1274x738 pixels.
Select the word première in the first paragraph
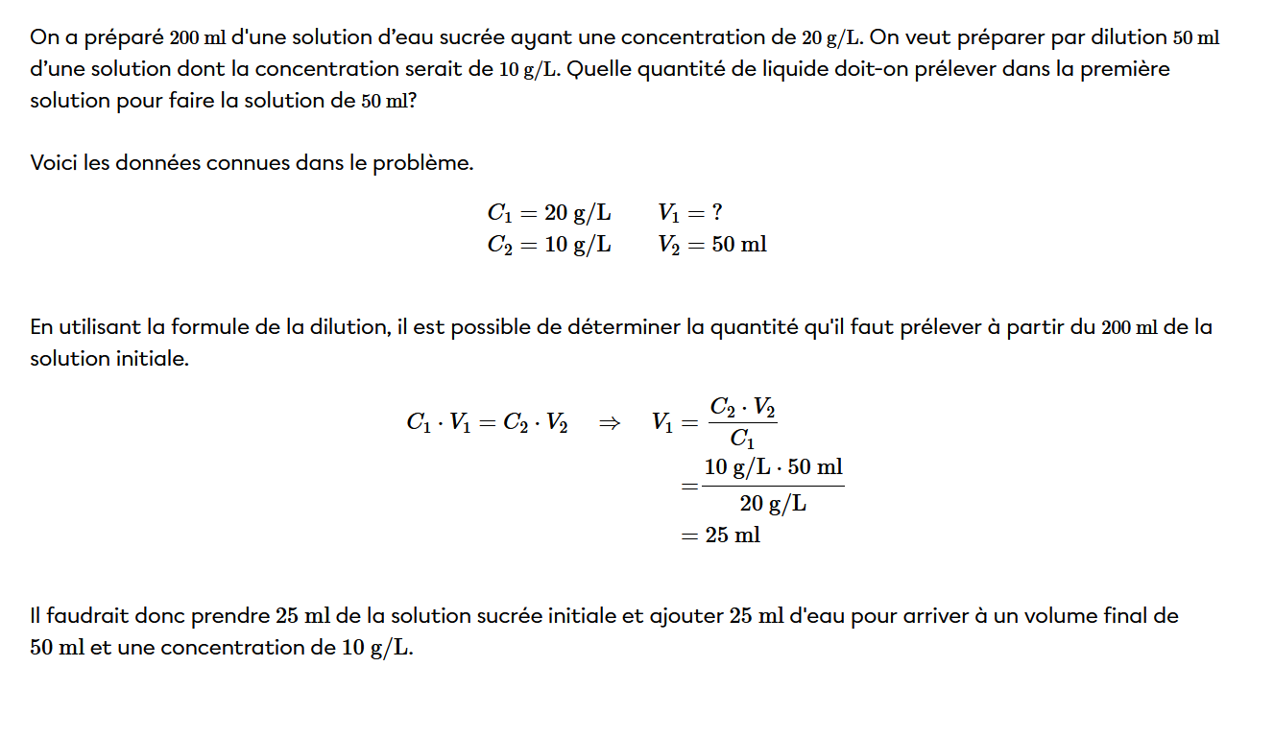point(1124,69)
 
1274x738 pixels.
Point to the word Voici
point(53,163)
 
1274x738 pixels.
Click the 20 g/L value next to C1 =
point(578,213)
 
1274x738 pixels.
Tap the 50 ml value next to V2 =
point(739,245)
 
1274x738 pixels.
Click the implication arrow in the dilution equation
point(609,423)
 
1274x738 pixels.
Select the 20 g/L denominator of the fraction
point(773,503)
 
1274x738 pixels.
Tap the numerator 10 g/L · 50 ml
point(773,468)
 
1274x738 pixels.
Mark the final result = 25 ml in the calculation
point(721,536)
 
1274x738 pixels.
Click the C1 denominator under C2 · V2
point(742,440)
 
